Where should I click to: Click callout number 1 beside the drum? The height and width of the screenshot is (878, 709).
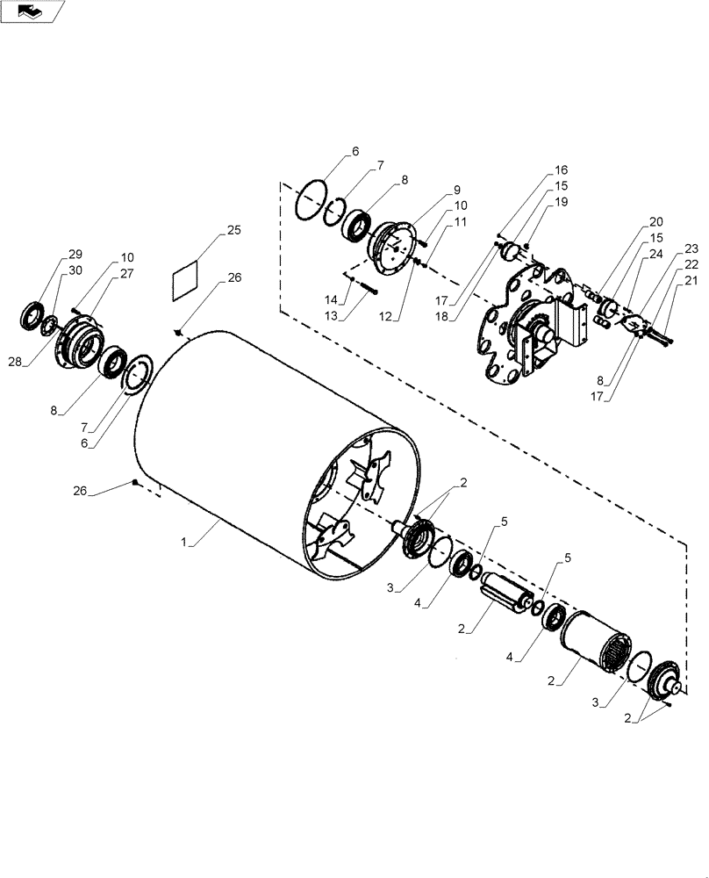point(186,544)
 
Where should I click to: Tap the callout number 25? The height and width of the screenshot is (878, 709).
point(233,230)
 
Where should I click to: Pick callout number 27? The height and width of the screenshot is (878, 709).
point(127,275)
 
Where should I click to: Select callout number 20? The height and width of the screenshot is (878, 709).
point(656,222)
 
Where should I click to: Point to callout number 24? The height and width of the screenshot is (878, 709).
point(656,255)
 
